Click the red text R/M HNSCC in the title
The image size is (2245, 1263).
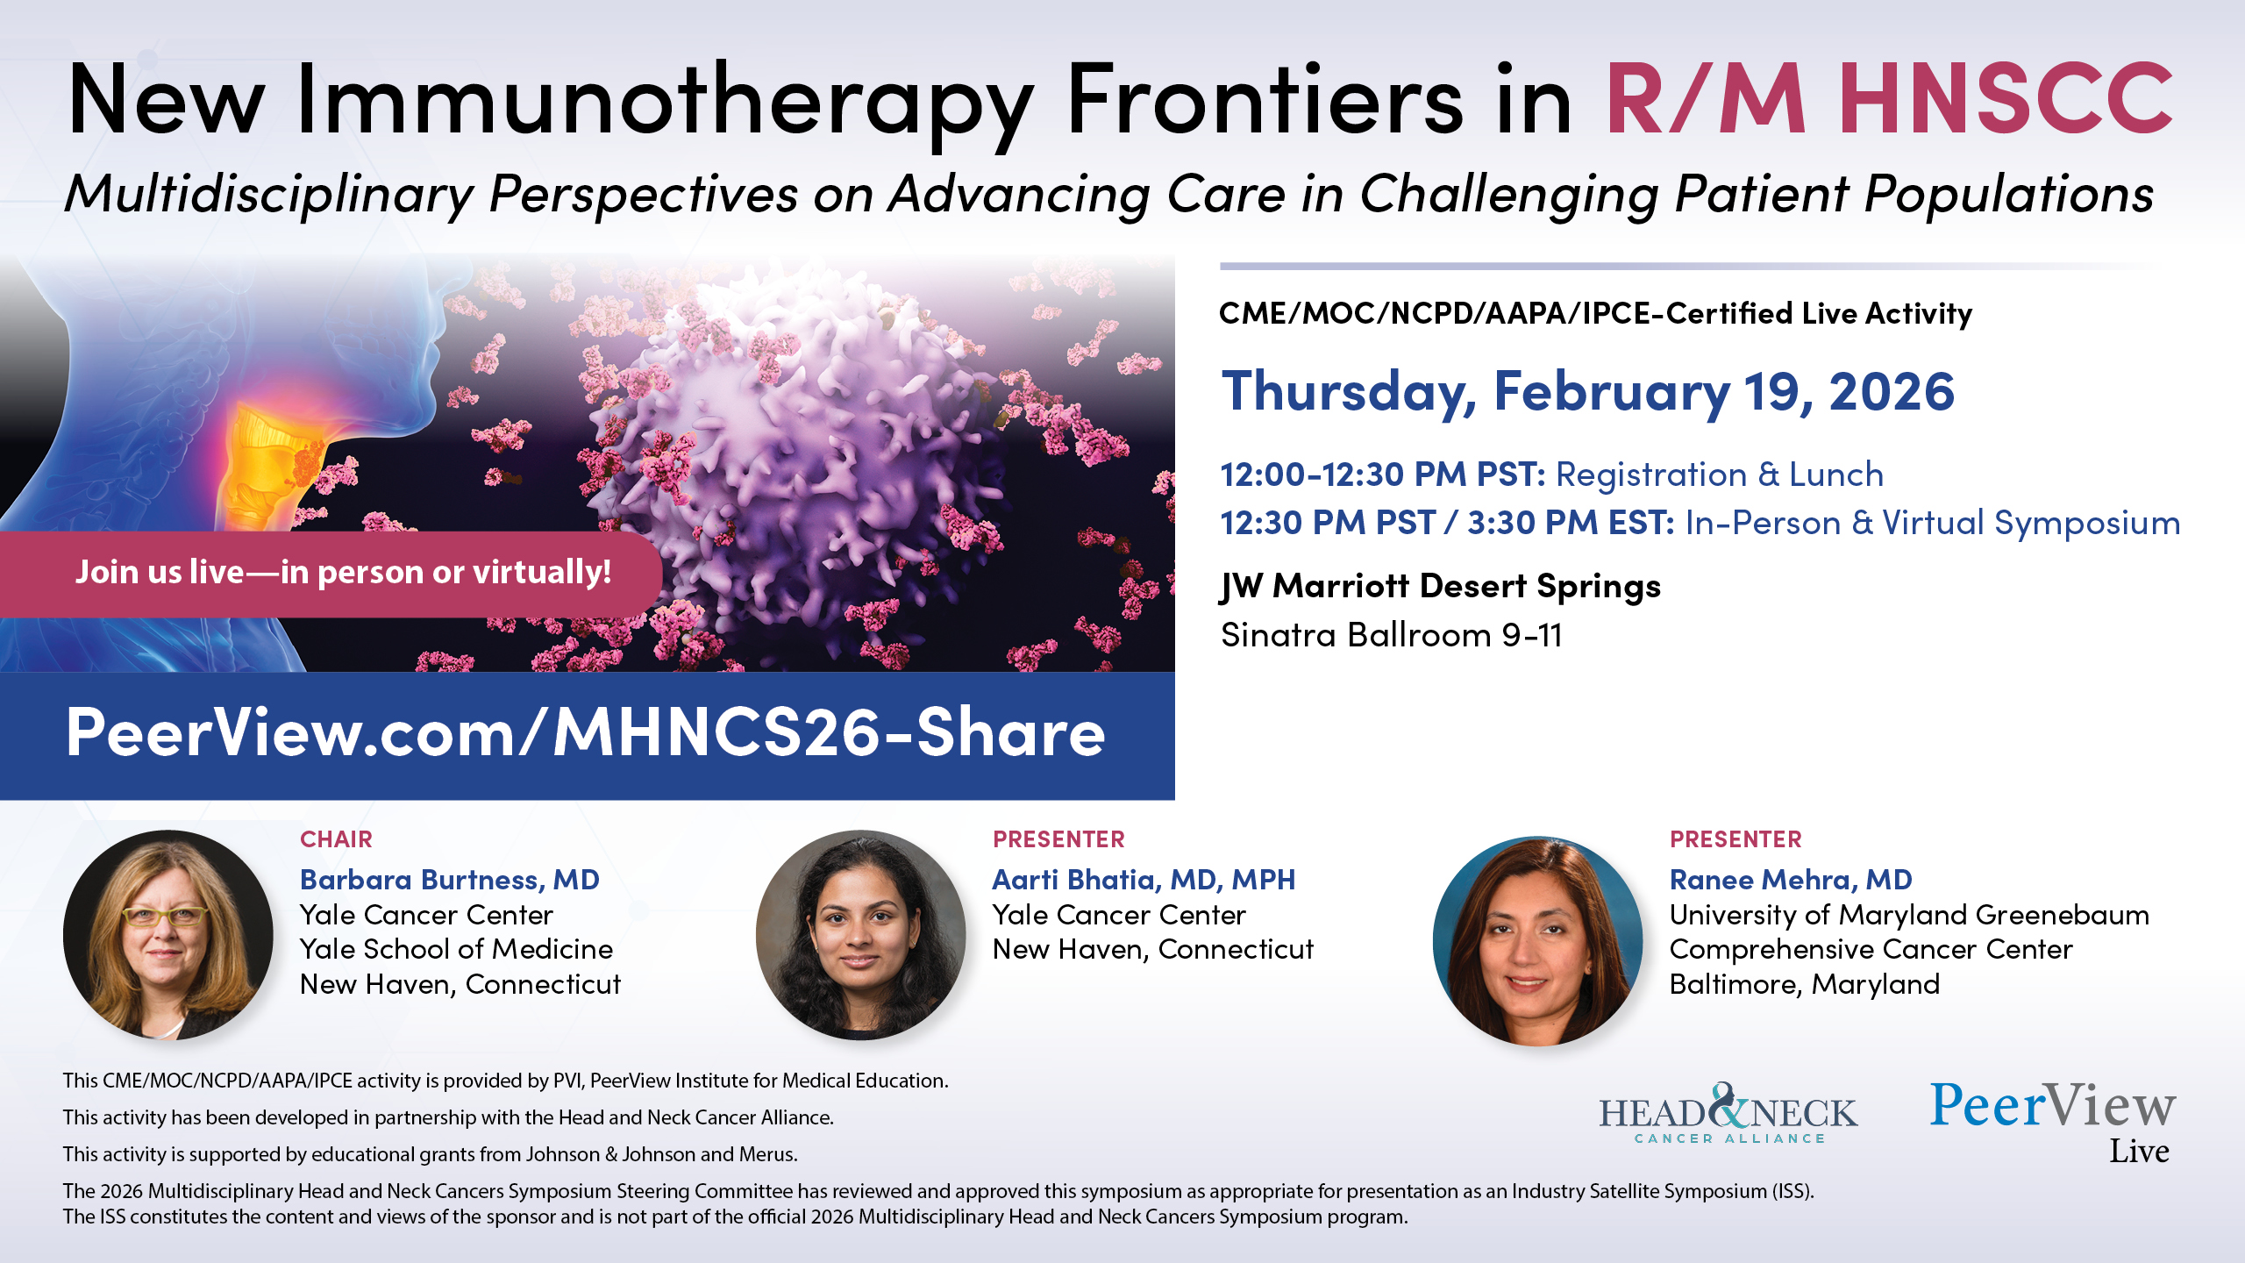1888,98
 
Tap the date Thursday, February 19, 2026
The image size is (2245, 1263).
1588,391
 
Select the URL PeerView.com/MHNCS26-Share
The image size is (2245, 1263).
586,733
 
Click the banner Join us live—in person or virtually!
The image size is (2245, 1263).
331,574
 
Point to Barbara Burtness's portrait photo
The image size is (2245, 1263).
168,935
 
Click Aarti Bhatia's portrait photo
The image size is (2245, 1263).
861,935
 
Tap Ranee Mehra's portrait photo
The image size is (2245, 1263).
1538,940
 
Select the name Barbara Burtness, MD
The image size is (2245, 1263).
450,880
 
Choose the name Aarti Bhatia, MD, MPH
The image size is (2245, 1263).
1144,880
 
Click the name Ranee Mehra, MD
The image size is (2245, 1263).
1791,880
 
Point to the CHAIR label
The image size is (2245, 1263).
336,839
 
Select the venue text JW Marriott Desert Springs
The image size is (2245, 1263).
1441,587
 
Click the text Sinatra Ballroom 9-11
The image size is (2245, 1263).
1392,635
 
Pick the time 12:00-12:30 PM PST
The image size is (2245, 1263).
1383,475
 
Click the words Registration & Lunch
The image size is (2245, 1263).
1720,475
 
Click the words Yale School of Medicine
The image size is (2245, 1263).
456,949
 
